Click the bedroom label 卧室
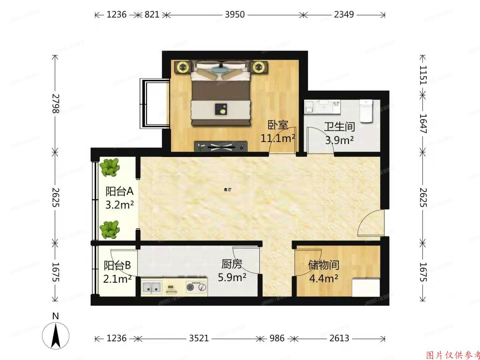click(x=278, y=125)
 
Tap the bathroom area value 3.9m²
click(x=339, y=140)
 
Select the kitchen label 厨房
click(x=232, y=264)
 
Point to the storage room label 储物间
click(x=323, y=265)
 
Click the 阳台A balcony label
click(x=119, y=191)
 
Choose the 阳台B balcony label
click(x=117, y=265)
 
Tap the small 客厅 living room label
click(x=227, y=190)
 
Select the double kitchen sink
click(x=152, y=287)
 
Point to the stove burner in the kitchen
click(x=190, y=287)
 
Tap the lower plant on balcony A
click(x=110, y=230)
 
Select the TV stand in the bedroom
click(x=221, y=146)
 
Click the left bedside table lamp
click(x=183, y=68)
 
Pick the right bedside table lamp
click(x=258, y=68)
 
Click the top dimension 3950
click(x=235, y=15)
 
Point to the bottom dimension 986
click(x=277, y=338)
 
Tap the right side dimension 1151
click(x=423, y=75)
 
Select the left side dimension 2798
click(x=56, y=103)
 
